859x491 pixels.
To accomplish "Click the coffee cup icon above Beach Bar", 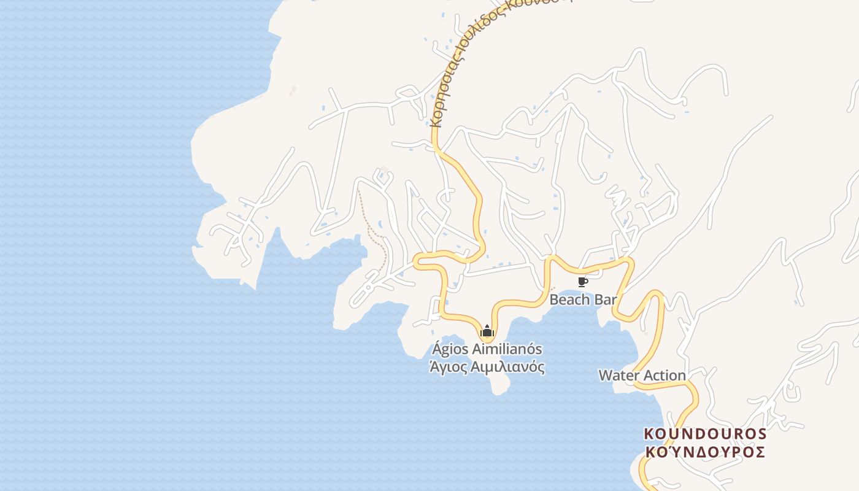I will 582,282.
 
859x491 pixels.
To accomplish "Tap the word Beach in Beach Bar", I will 568,300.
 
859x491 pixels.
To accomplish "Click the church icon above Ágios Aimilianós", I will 487,331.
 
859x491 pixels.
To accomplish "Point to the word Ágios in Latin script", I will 450,349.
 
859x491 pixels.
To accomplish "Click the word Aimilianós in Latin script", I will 507,349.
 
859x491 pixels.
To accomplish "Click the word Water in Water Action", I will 618,375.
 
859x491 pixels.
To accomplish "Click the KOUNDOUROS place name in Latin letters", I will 705,434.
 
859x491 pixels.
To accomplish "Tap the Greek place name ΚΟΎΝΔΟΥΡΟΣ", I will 705,452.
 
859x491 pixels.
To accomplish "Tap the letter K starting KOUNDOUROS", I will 649,434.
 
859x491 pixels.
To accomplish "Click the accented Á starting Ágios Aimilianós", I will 437,349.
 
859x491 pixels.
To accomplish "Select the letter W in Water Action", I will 606,375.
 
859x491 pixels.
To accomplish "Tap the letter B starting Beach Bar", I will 554,300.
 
